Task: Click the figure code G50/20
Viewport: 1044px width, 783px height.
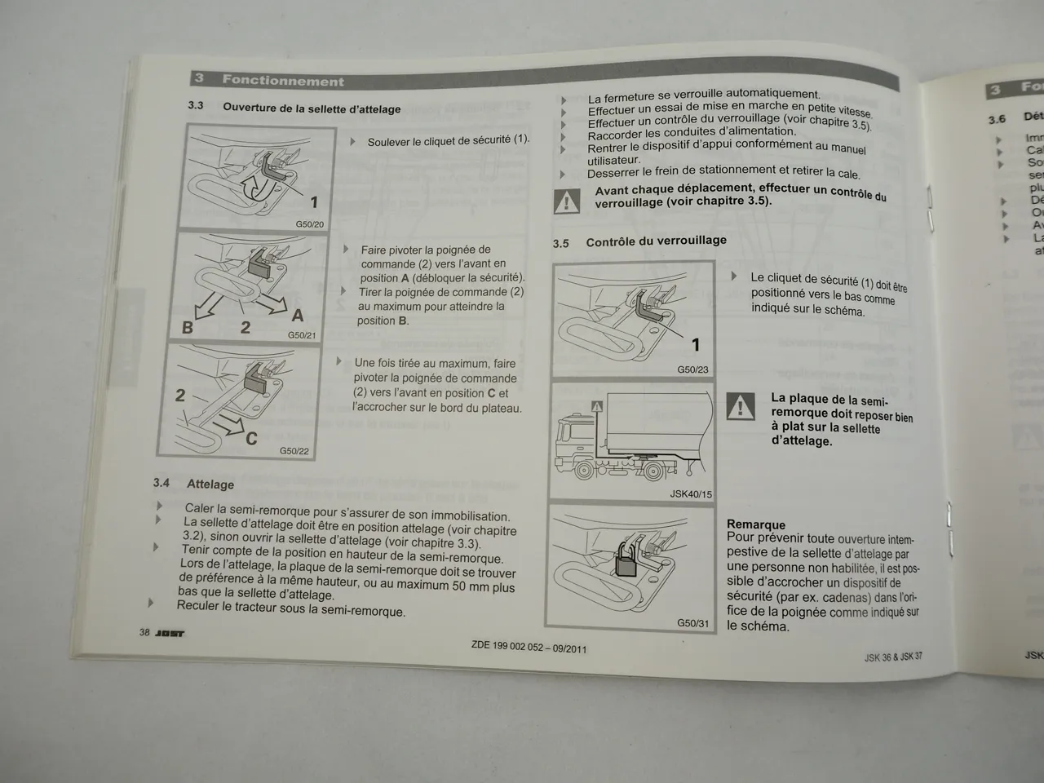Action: coord(309,224)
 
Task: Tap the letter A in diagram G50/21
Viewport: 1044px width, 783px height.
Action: coord(298,315)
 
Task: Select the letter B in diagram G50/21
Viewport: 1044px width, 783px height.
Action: coord(188,328)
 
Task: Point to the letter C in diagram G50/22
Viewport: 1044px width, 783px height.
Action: coord(251,439)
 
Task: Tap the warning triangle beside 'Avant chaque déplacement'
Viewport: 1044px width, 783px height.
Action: coord(566,201)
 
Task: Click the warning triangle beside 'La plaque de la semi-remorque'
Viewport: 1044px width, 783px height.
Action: coord(740,405)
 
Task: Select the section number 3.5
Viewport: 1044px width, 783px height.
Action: coord(561,243)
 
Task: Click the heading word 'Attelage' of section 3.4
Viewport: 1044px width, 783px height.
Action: coord(210,484)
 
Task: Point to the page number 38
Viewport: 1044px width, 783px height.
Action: coord(144,632)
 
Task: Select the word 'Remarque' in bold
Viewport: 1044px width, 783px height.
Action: coord(756,524)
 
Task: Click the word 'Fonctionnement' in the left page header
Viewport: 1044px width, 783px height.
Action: coord(283,81)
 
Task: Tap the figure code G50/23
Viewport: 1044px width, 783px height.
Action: coord(692,369)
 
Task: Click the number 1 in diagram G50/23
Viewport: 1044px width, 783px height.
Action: coord(696,345)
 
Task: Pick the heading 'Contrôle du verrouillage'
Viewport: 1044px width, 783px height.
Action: coord(656,241)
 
